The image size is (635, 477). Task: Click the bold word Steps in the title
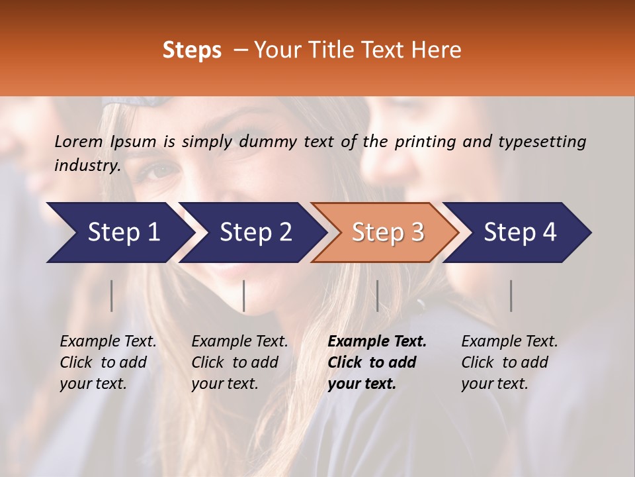(192, 50)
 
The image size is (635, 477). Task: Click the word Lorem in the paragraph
(79, 141)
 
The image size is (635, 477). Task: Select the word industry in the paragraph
(87, 165)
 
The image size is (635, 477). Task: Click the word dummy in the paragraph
(269, 141)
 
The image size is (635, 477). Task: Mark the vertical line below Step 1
(112, 295)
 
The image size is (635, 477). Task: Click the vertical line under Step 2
(244, 295)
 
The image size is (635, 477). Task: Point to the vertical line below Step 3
(377, 295)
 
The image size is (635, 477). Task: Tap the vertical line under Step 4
(511, 295)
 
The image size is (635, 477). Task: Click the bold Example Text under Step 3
(377, 342)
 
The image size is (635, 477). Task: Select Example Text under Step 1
(108, 342)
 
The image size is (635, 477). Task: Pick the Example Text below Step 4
(509, 342)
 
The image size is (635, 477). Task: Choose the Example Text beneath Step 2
(239, 342)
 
